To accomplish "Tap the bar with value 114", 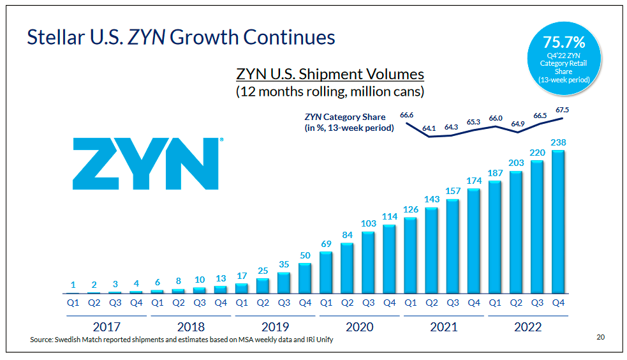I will click(390, 259).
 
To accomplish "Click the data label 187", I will click(495, 172).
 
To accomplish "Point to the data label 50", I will click(305, 255).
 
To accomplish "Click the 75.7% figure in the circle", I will click(564, 43).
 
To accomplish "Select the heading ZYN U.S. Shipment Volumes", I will click(330, 74).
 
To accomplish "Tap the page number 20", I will click(600, 337).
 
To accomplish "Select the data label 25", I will click(262, 271).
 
